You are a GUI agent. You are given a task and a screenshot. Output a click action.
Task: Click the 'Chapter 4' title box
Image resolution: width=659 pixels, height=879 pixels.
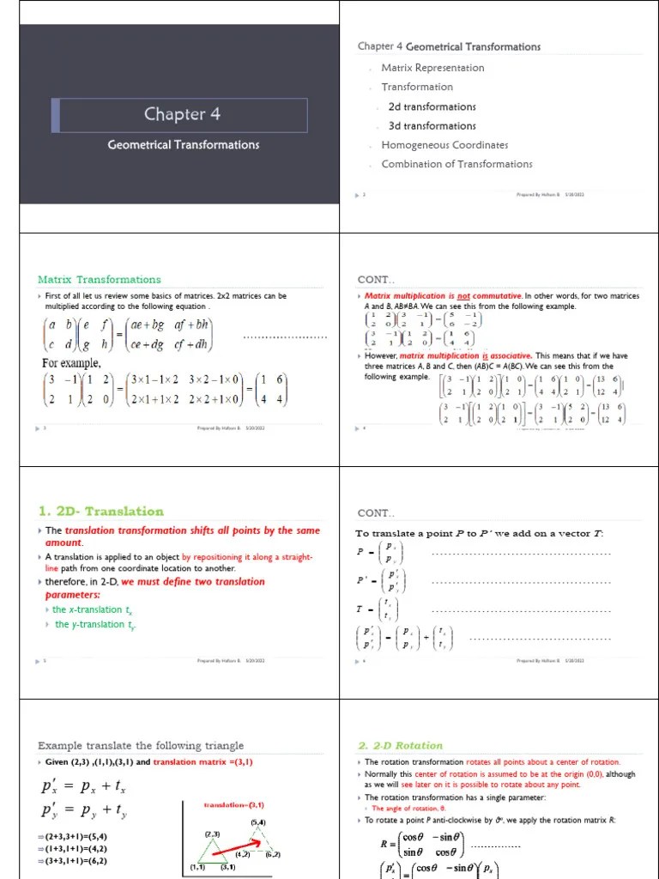pos(178,115)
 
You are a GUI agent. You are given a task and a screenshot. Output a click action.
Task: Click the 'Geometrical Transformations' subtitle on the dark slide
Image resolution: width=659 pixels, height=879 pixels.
pos(184,145)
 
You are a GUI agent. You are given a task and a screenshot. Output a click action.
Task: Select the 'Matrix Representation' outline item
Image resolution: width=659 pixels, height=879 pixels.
pos(432,68)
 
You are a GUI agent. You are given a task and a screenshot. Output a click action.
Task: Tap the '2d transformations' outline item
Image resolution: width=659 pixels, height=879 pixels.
pos(432,106)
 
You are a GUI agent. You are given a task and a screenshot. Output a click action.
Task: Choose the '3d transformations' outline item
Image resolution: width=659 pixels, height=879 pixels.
pos(432,126)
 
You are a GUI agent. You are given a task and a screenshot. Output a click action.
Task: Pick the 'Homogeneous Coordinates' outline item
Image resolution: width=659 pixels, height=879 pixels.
pos(444,145)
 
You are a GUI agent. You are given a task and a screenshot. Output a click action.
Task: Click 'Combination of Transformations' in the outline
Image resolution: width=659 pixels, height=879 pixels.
pos(456,164)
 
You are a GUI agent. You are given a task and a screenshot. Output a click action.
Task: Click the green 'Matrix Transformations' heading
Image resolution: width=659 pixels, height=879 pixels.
pos(99,279)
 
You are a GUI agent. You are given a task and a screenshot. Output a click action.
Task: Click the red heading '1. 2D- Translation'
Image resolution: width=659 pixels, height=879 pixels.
pos(100,512)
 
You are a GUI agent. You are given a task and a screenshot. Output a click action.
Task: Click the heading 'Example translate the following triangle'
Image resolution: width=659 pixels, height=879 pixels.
pos(141,745)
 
